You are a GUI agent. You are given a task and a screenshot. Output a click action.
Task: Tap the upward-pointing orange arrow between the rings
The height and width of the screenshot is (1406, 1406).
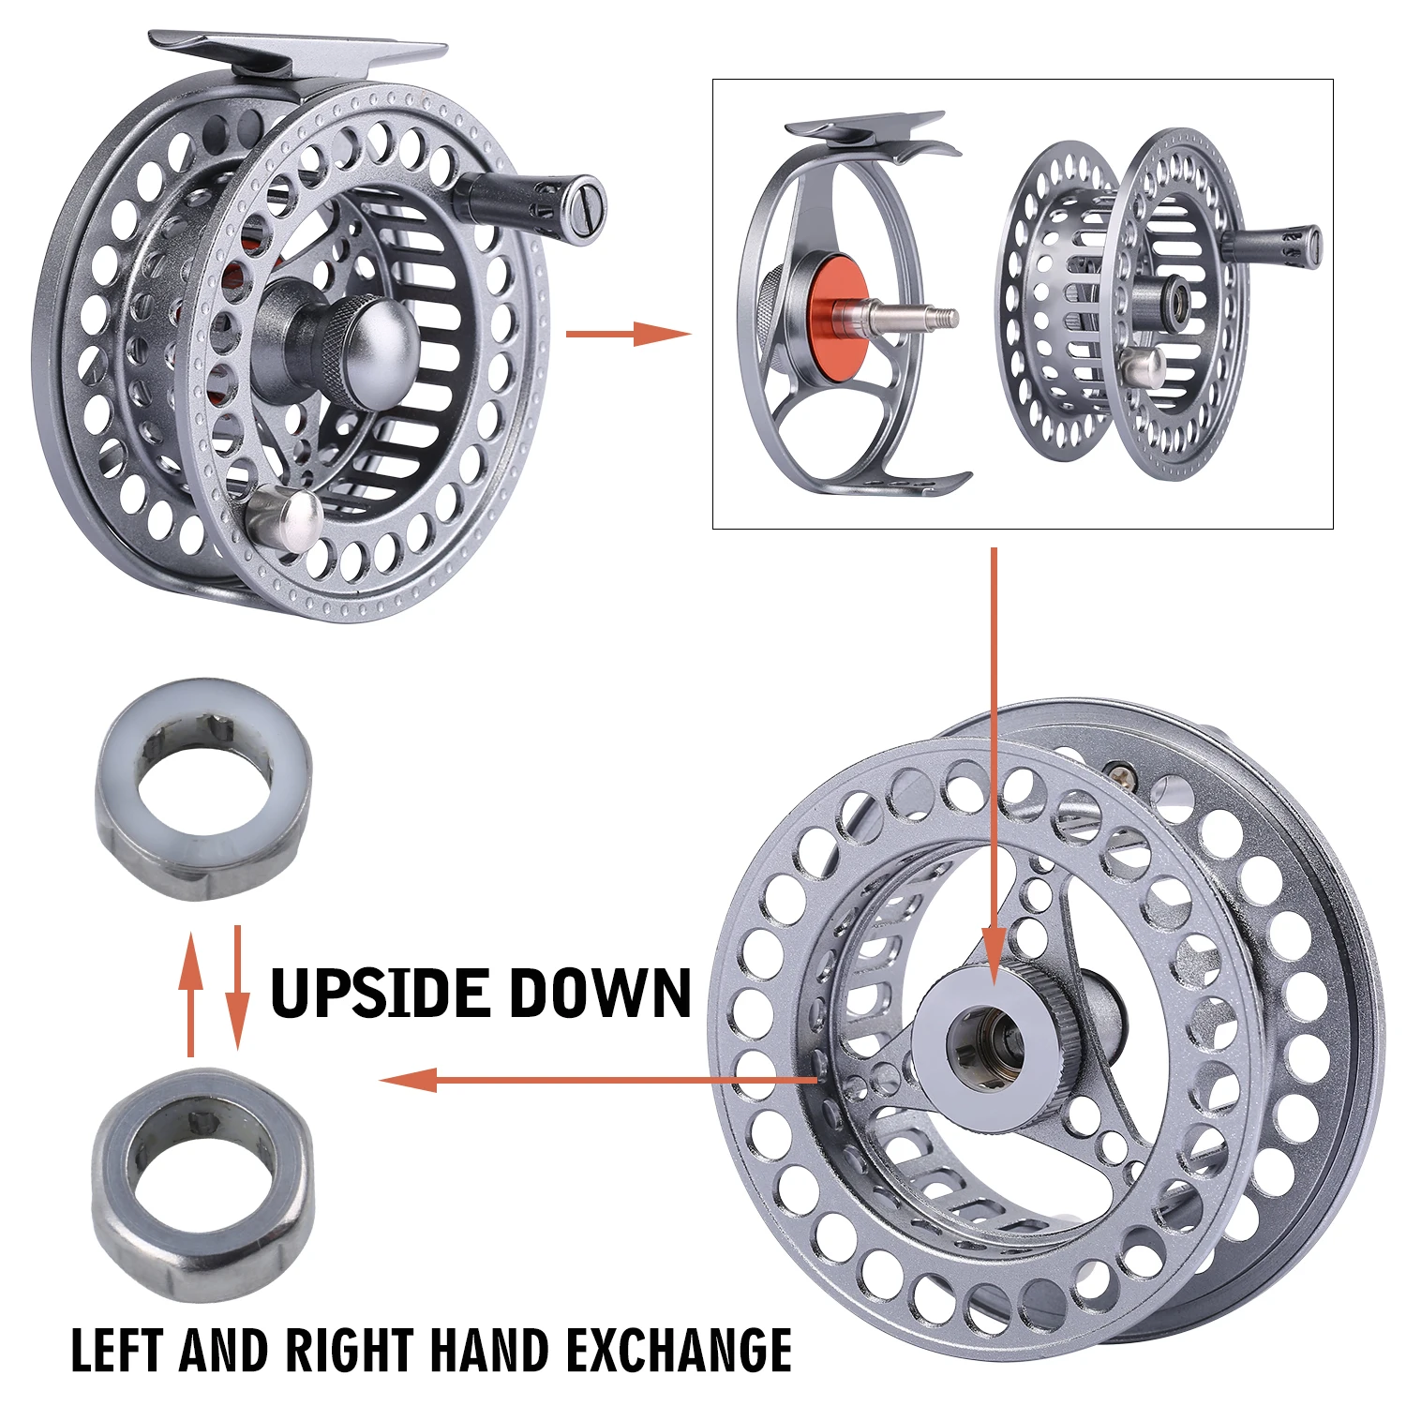[x=191, y=994]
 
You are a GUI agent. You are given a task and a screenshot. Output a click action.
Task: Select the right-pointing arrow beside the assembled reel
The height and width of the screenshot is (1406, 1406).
[x=628, y=333]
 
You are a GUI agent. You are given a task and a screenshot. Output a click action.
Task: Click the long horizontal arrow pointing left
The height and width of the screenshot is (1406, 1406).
[x=598, y=1080]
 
